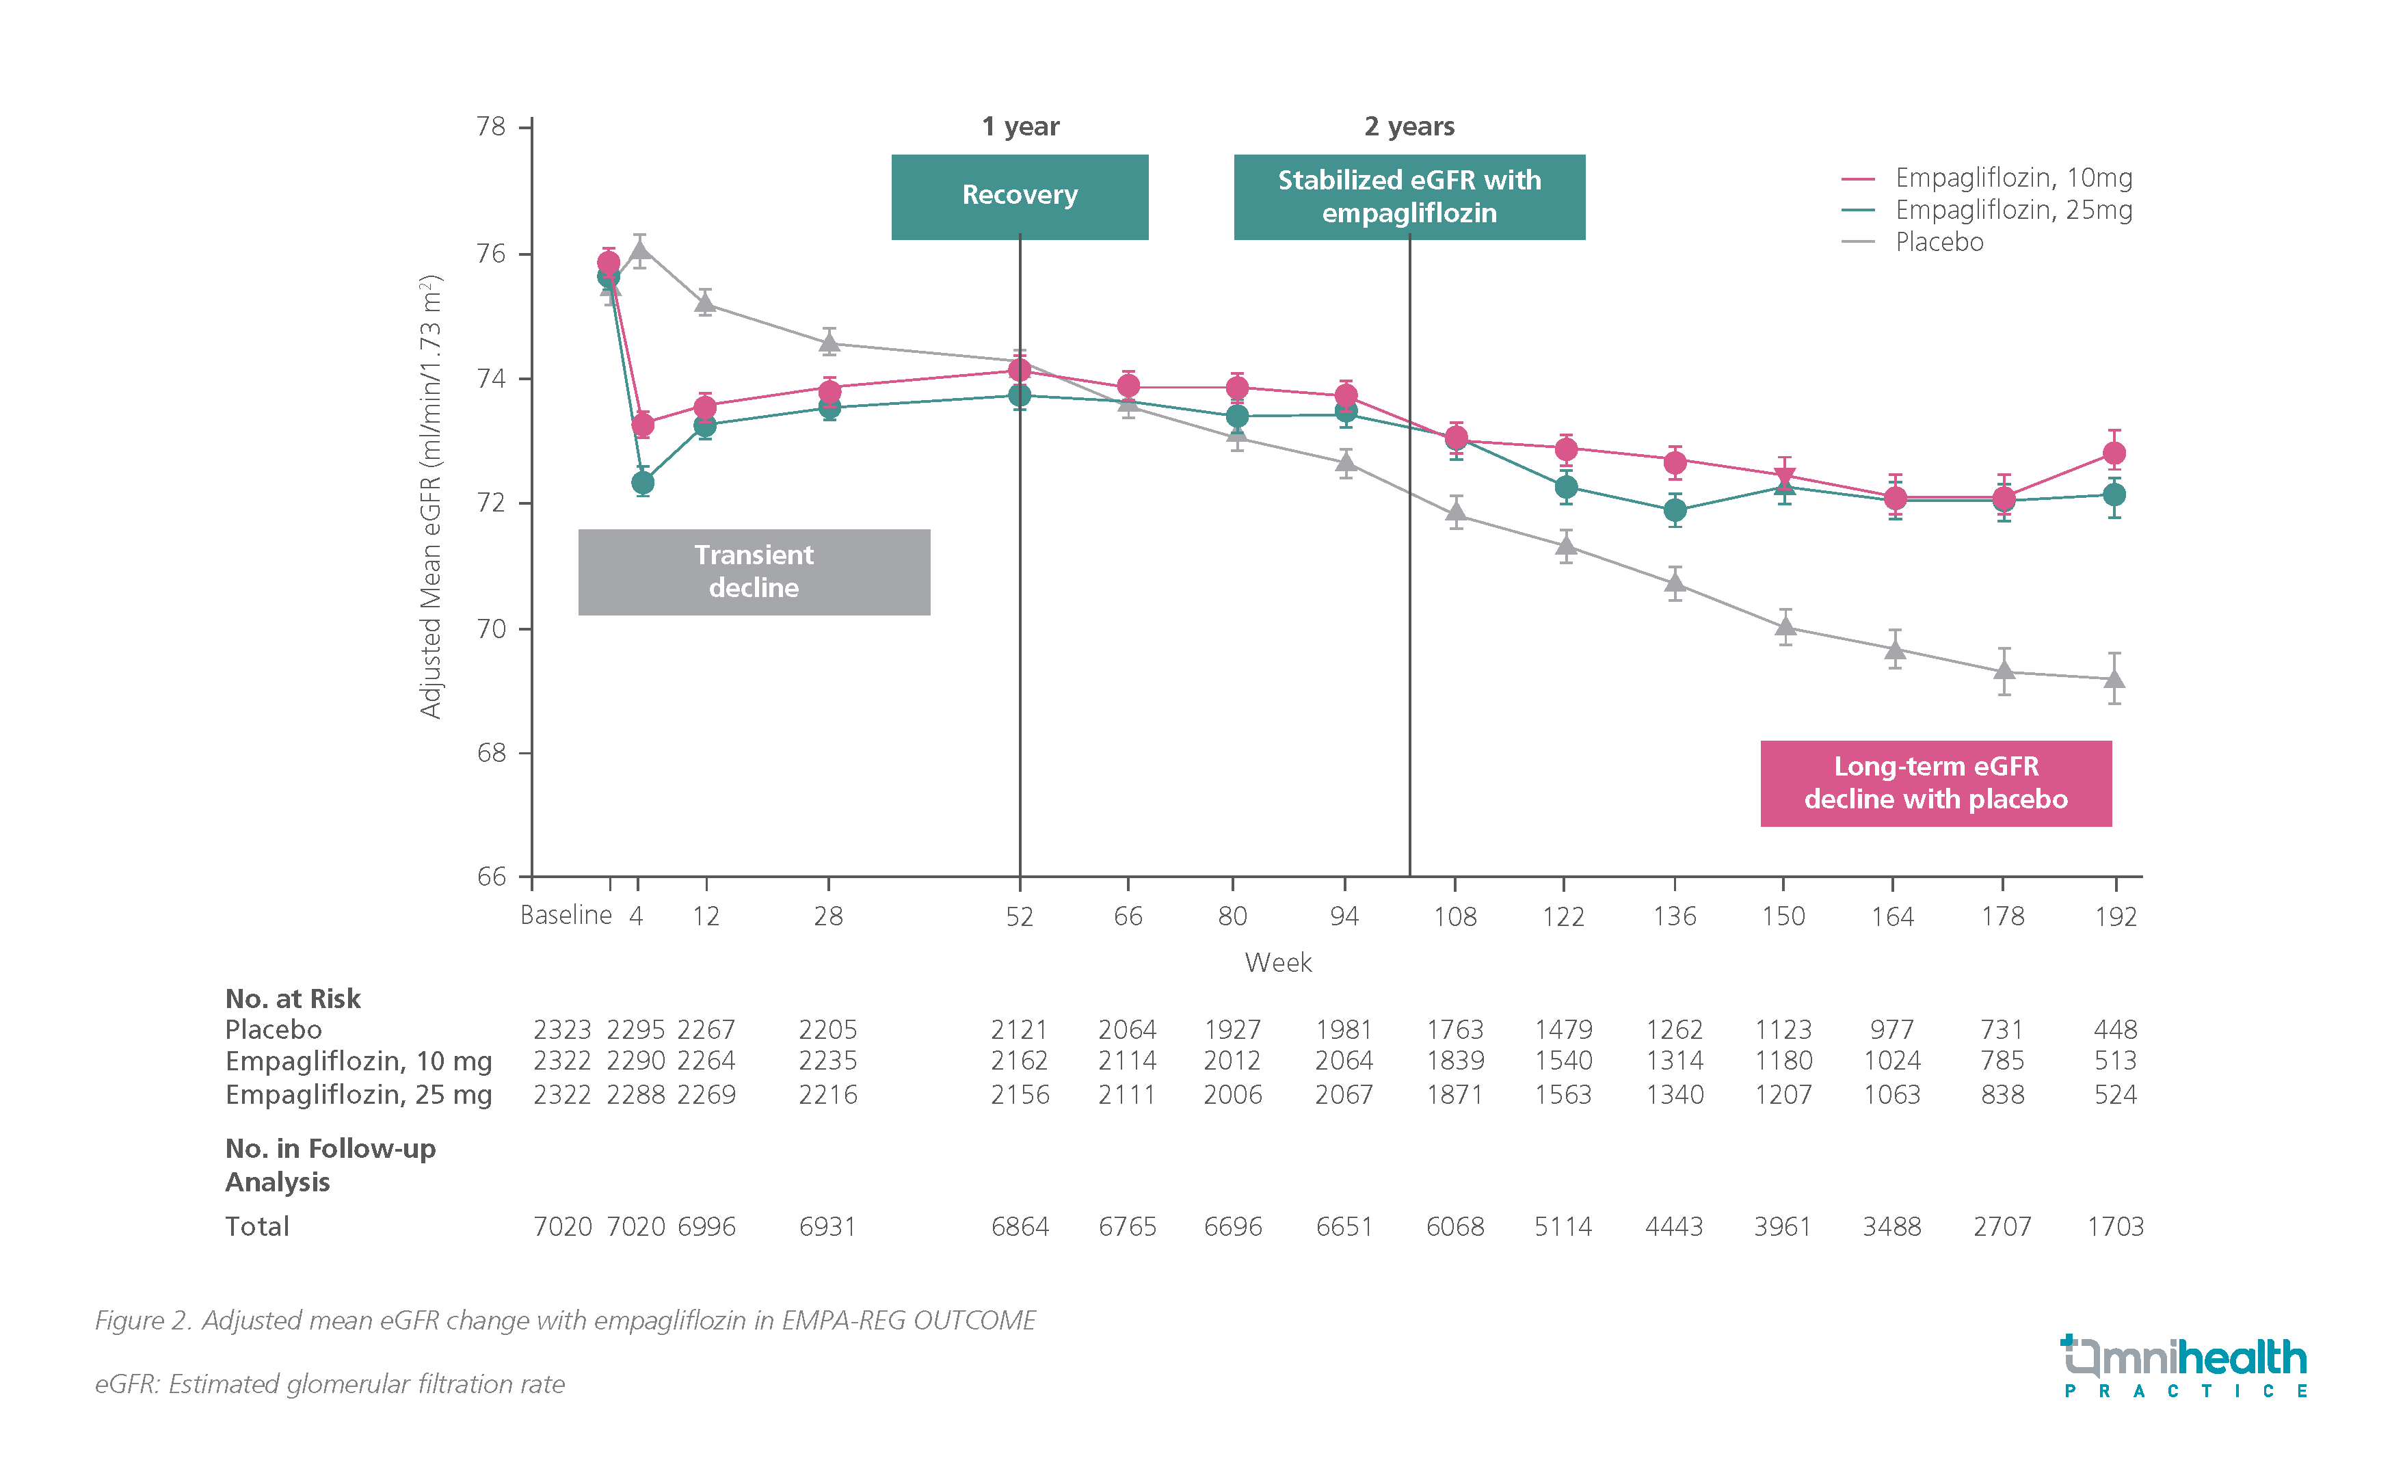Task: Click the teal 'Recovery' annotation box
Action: [1019, 196]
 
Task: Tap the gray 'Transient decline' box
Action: [754, 572]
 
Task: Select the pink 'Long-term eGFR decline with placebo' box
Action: [1936, 783]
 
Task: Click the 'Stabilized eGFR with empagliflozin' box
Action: [1408, 196]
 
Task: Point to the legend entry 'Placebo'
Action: [1939, 242]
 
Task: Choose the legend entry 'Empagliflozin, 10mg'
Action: [2013, 178]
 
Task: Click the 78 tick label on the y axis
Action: [491, 127]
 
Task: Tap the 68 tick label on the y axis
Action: [491, 753]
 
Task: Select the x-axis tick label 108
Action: [1454, 916]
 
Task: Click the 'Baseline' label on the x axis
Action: [566, 916]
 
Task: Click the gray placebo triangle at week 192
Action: [2114, 678]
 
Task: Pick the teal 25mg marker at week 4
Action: [643, 482]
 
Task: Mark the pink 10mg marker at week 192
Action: [2114, 453]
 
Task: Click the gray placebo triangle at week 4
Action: [640, 250]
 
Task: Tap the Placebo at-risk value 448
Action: [2115, 1029]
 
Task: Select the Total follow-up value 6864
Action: [1019, 1226]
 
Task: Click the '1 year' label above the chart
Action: [1020, 127]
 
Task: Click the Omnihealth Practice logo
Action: [2183, 1365]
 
